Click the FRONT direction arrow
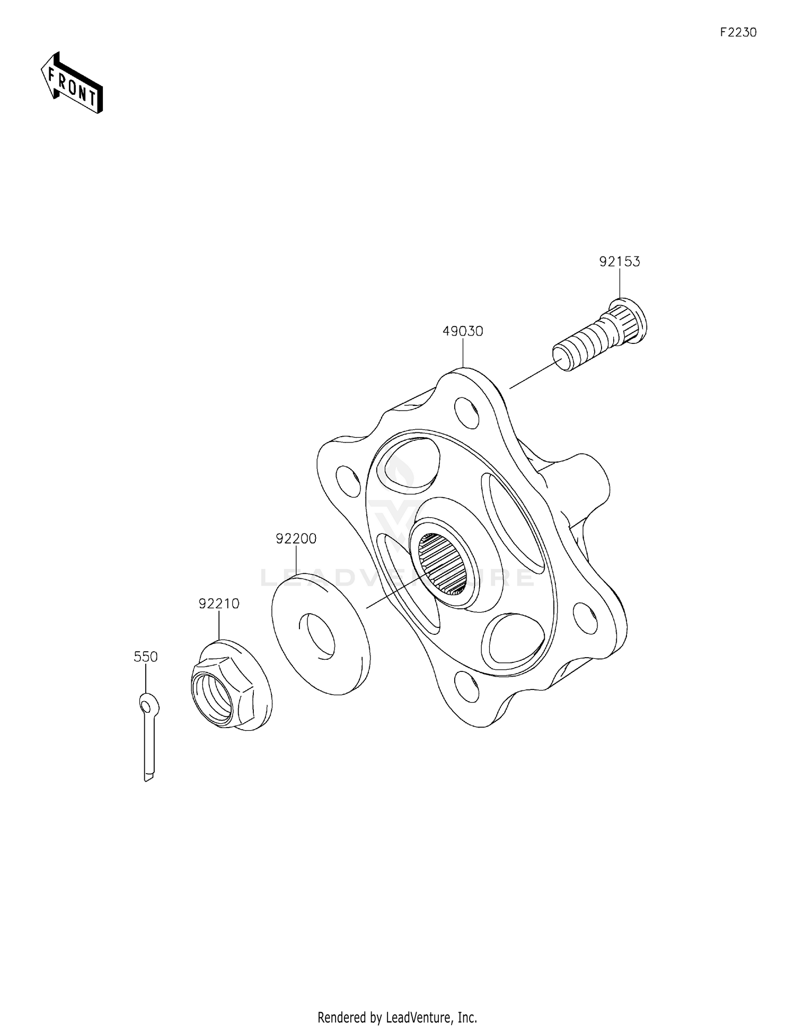point(72,83)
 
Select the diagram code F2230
point(738,32)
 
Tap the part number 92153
point(619,261)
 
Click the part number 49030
point(463,331)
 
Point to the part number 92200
point(296,538)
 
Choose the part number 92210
point(219,604)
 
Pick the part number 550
point(146,657)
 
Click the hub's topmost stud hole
point(467,411)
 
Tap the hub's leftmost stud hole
point(348,481)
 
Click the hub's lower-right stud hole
point(586,618)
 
